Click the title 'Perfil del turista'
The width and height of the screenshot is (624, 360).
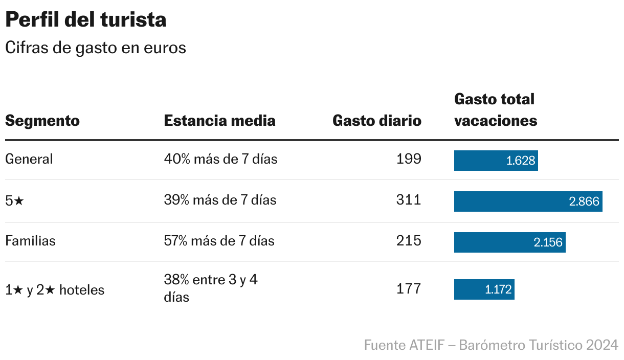pyautogui.click(x=85, y=20)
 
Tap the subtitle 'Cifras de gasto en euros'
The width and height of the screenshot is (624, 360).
pyautogui.click(x=95, y=48)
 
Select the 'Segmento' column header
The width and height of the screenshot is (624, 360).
pyautogui.click(x=42, y=121)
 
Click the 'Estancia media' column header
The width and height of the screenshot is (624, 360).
pyautogui.click(x=219, y=121)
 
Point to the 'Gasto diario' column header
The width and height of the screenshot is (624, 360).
pyautogui.click(x=377, y=121)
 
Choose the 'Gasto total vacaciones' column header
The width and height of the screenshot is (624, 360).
pyautogui.click(x=495, y=109)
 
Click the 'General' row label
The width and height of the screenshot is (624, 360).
pyautogui.click(x=29, y=159)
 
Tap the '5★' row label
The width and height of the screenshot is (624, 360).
pyautogui.click(x=14, y=200)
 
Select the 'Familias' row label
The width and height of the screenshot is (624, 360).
pyautogui.click(x=30, y=241)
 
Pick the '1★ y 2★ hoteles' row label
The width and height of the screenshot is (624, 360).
pyautogui.click(x=55, y=290)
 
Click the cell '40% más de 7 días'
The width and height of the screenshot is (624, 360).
pyautogui.click(x=220, y=159)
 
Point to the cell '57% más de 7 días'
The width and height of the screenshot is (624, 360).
pyautogui.click(x=219, y=241)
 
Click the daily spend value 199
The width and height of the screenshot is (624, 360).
pyautogui.click(x=409, y=159)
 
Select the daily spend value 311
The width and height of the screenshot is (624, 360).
pyautogui.click(x=409, y=200)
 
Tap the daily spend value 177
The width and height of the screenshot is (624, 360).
pyautogui.click(x=409, y=289)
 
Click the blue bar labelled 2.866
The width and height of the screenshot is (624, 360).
pyautogui.click(x=528, y=201)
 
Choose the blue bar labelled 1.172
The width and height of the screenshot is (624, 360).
pyautogui.click(x=484, y=289)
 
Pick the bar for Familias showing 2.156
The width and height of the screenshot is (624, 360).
pyautogui.click(x=509, y=242)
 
